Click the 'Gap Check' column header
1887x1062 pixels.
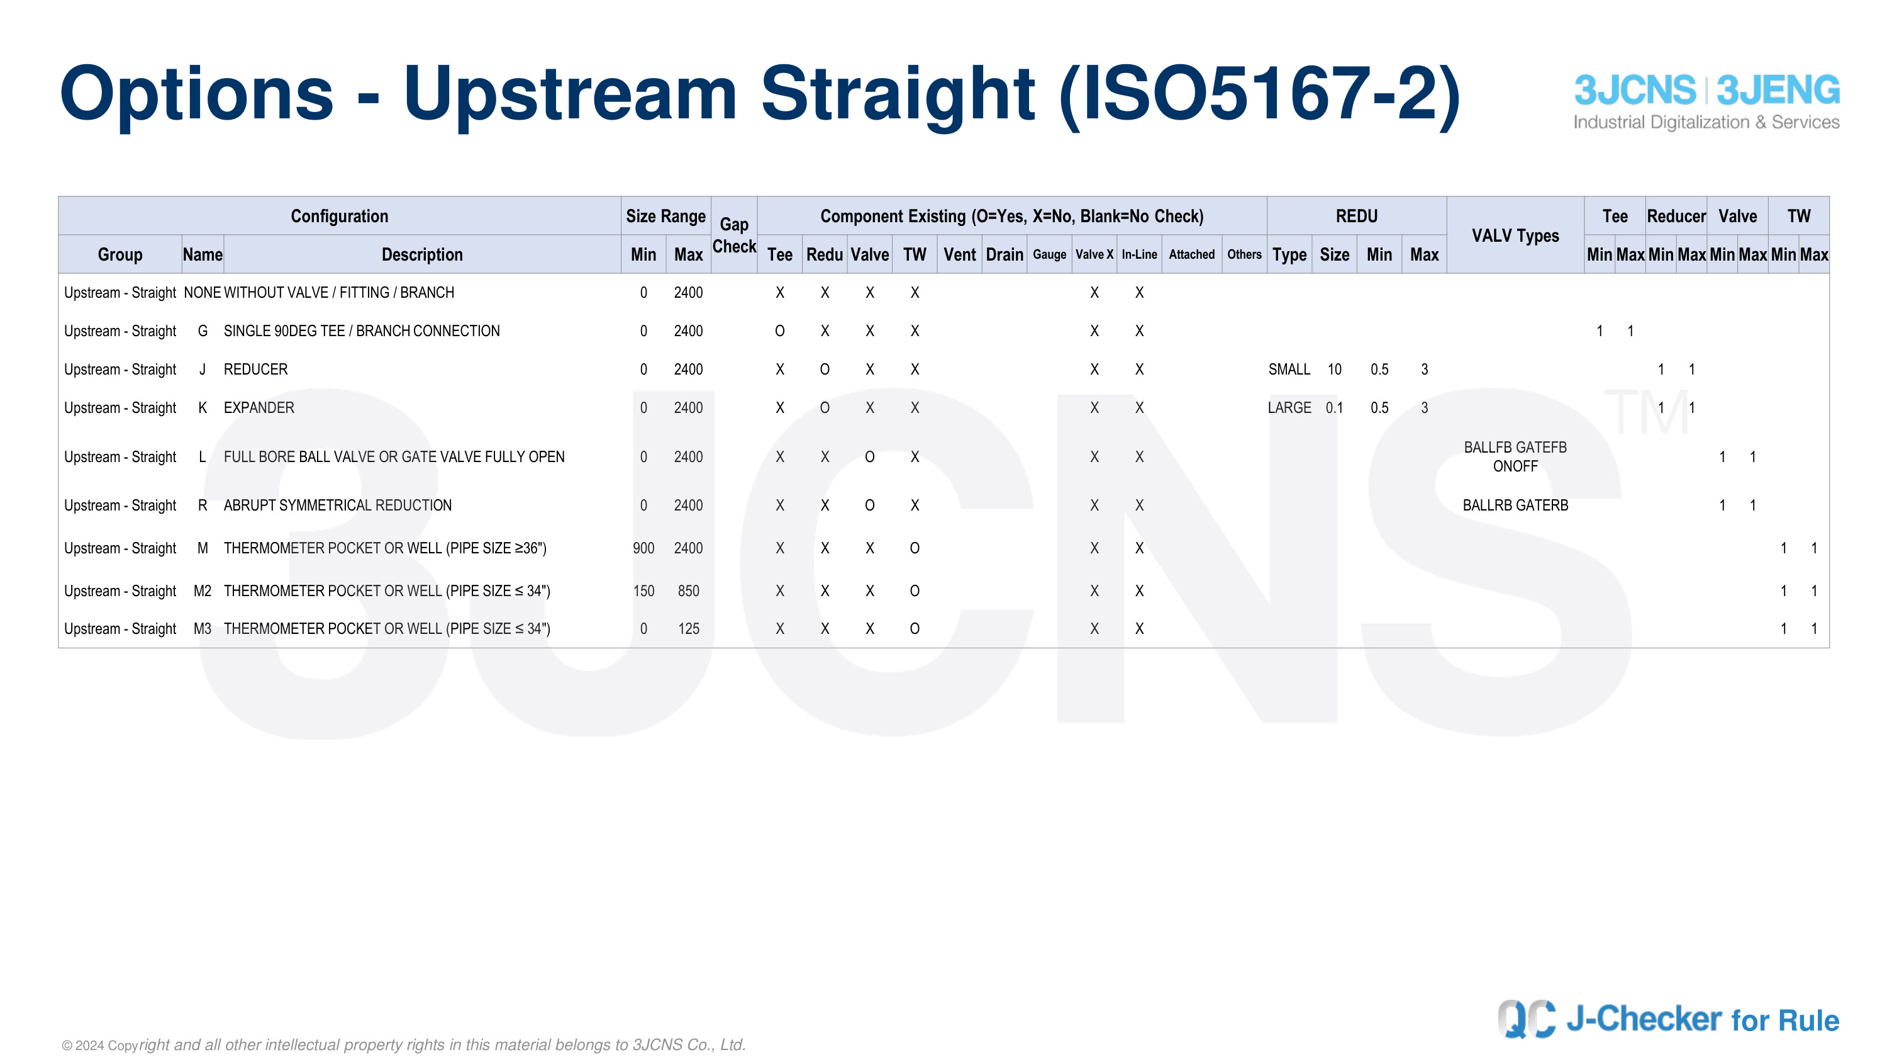(734, 235)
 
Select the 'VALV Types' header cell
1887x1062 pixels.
(1515, 236)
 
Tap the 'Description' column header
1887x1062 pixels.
(422, 254)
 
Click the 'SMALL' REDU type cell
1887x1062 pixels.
(1289, 370)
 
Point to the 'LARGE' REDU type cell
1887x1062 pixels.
(1289, 407)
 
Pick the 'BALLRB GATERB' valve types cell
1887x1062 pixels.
(1515, 505)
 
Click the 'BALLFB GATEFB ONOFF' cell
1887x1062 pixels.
(1515, 456)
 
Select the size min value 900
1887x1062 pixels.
(643, 548)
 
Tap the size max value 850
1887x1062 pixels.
(688, 590)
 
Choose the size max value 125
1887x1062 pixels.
(688, 629)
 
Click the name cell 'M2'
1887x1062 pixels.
(202, 590)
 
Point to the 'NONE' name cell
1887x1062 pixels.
(202, 293)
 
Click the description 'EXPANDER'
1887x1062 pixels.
(259, 407)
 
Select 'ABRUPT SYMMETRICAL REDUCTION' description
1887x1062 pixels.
(338, 505)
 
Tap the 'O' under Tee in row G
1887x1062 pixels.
(779, 331)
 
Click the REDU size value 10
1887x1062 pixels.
(1334, 370)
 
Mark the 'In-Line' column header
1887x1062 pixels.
(1139, 254)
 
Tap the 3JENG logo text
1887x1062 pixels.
(1778, 90)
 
